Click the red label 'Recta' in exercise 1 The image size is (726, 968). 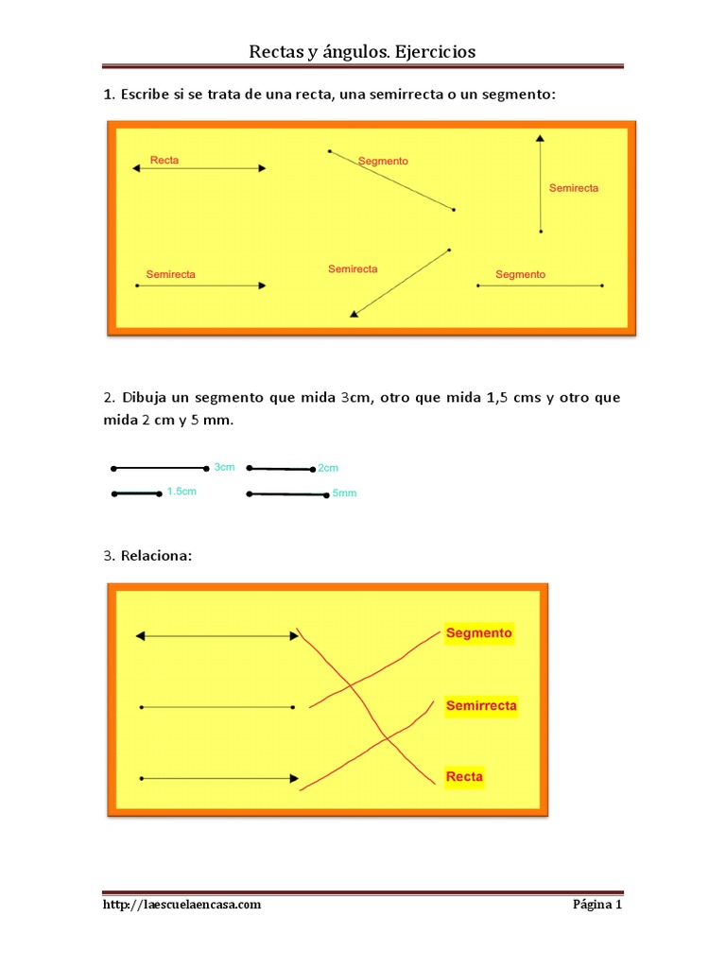pos(164,161)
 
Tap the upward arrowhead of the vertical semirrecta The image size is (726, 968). pos(540,138)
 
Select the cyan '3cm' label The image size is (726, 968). pos(224,467)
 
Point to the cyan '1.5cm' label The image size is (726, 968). pos(181,492)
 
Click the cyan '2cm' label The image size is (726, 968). pos(328,468)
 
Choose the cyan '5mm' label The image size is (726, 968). pos(345,493)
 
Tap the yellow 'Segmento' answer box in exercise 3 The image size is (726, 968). pos(478,633)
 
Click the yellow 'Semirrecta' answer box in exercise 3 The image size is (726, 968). pos(481,706)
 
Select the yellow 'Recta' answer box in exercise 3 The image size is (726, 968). pos(464,777)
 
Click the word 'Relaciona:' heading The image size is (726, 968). pos(156,556)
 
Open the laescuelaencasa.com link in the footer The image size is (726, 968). pos(181,905)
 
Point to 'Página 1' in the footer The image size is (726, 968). pos(597,905)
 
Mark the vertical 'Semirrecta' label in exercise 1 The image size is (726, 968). pos(574,188)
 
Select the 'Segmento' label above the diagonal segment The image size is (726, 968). pos(383,162)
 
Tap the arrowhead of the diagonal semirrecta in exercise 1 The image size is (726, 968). pos(354,314)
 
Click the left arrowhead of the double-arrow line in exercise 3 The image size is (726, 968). pos(141,637)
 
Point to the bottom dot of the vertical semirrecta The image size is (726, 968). pos(541,231)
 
